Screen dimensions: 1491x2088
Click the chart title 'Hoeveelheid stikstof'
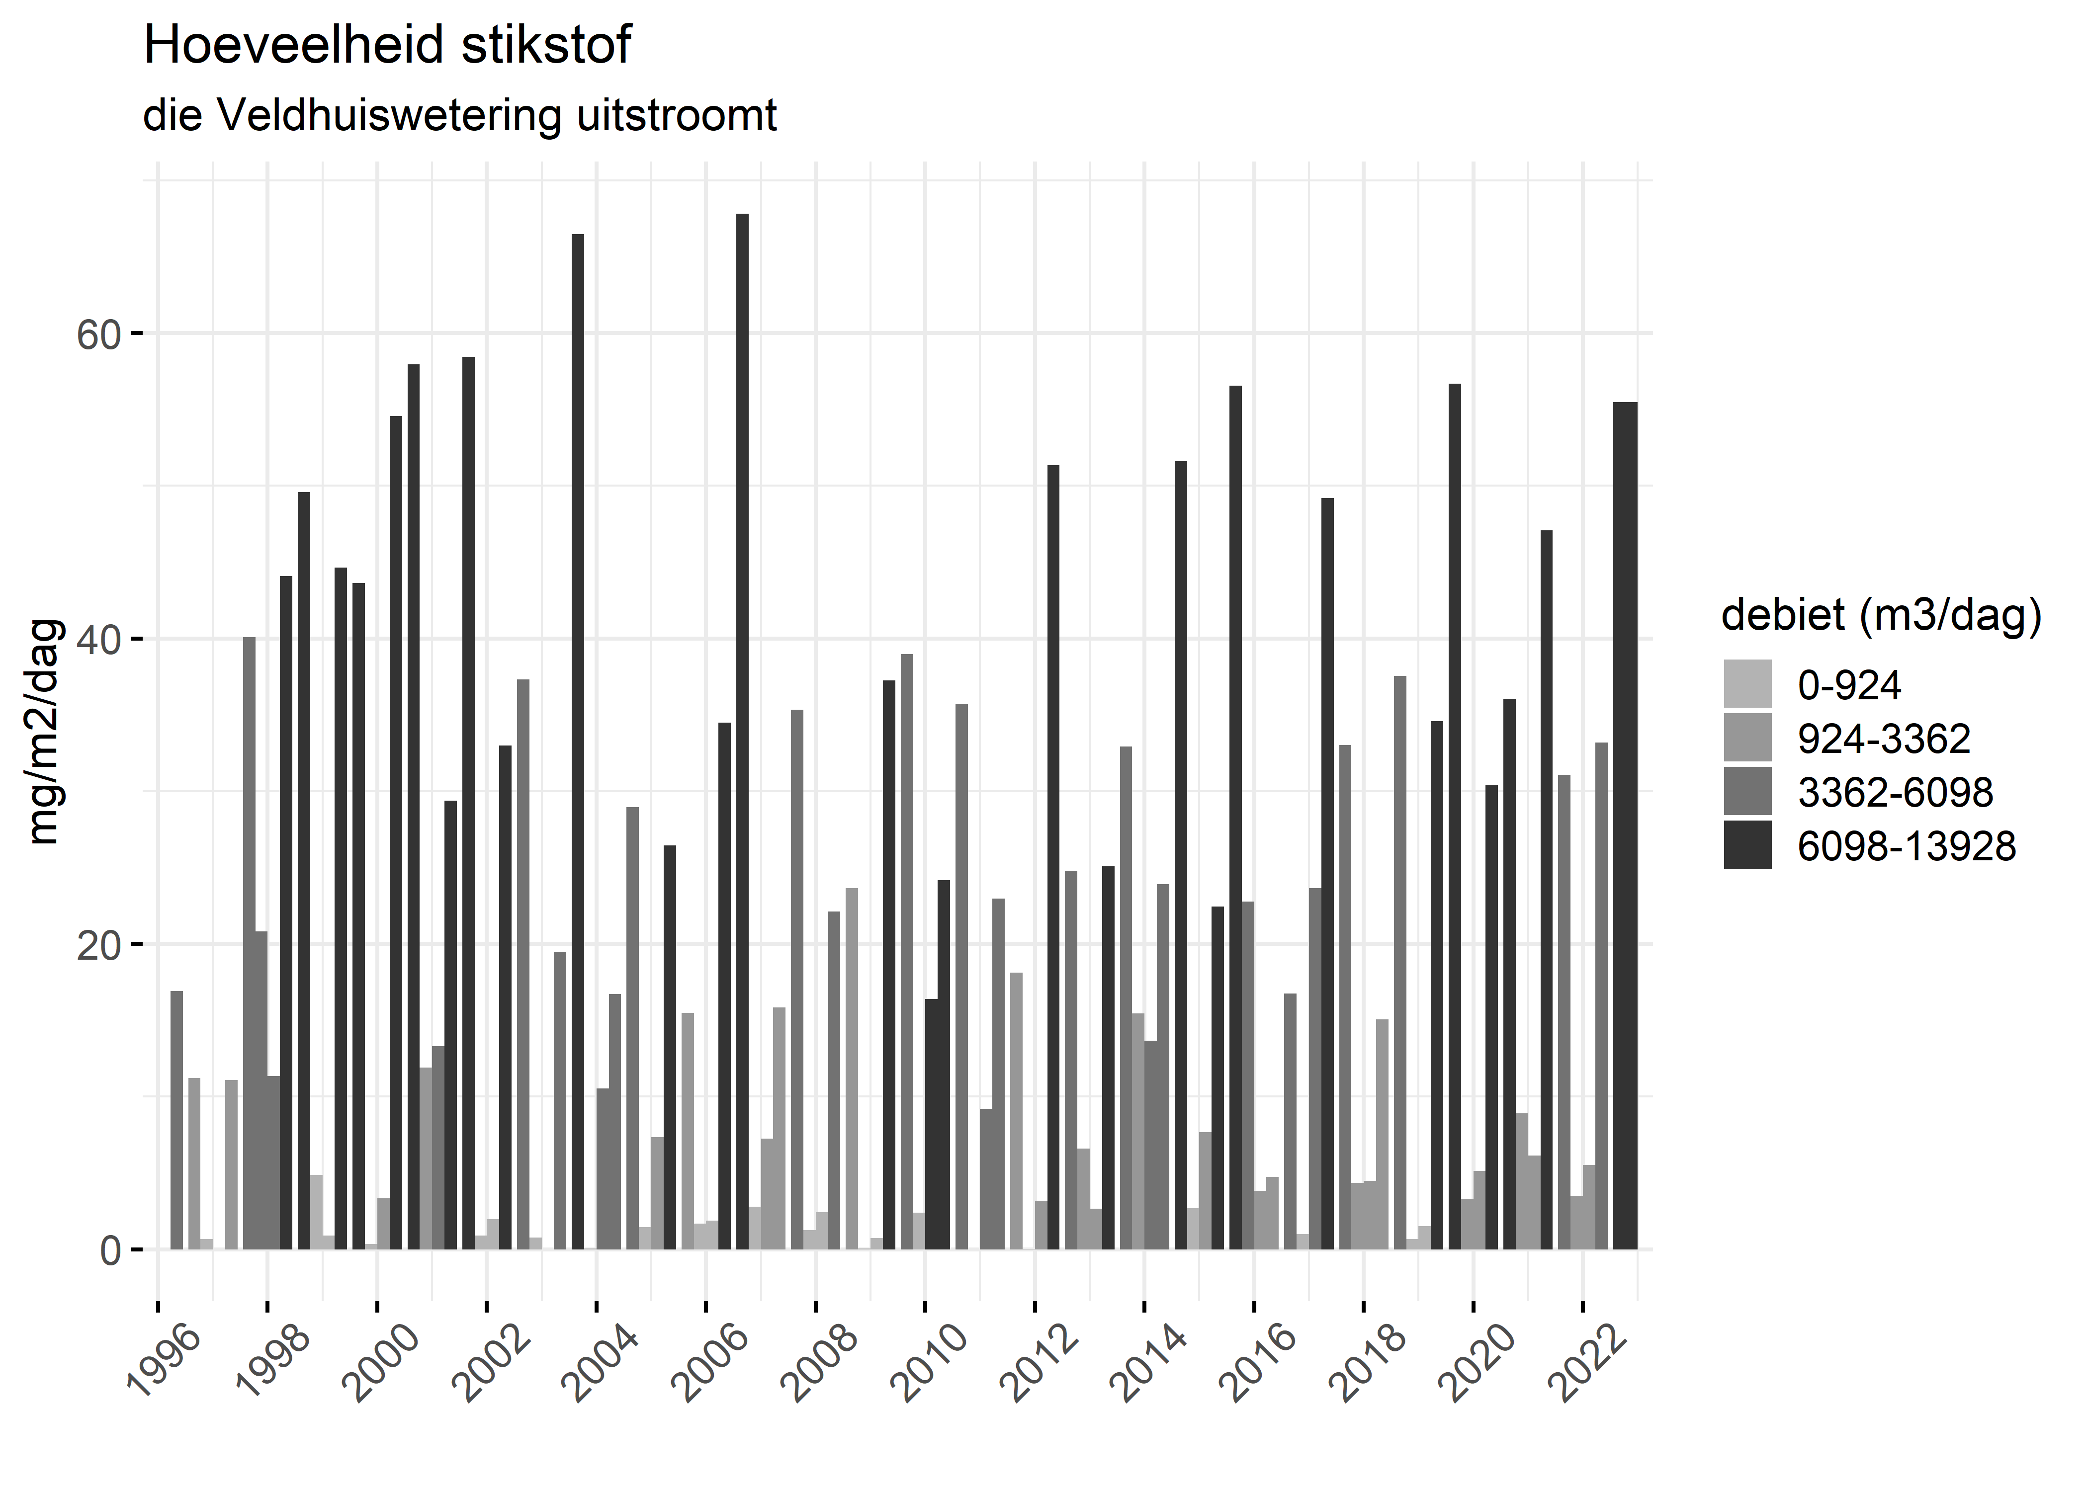pyautogui.click(x=387, y=46)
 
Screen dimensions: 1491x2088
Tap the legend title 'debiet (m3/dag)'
pyautogui.click(x=1881, y=615)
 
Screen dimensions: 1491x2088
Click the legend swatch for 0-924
pyautogui.click(x=1747, y=684)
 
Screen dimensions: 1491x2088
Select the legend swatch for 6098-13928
pyautogui.click(x=1747, y=845)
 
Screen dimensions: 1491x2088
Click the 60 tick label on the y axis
pyautogui.click(x=98, y=334)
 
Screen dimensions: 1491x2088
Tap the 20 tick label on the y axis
pyautogui.click(x=98, y=945)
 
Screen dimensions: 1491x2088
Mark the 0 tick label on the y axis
pyautogui.click(x=110, y=1250)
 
